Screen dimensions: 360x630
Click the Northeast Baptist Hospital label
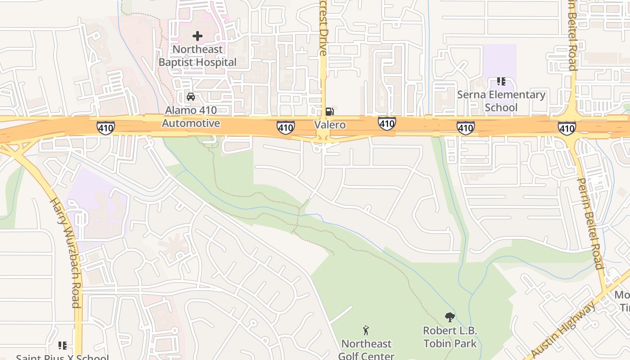[x=197, y=56]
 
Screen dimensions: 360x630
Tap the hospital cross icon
[x=197, y=36]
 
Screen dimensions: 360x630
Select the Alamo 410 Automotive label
[x=191, y=117]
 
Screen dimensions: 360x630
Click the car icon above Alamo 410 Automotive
[x=191, y=97]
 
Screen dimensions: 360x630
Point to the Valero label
[x=330, y=125]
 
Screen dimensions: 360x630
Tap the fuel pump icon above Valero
[x=330, y=111]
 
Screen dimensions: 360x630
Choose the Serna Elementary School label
[x=501, y=101]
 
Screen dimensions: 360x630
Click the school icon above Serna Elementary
[x=501, y=81]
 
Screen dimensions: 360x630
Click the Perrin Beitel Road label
[x=590, y=223]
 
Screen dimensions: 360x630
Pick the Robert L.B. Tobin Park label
[x=450, y=337]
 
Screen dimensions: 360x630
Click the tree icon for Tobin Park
[x=450, y=317]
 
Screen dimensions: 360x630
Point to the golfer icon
[x=366, y=331]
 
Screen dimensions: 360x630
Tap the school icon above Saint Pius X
[x=62, y=346]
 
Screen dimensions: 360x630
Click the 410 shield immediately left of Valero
[x=286, y=128]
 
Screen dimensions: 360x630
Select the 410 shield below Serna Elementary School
[x=465, y=128]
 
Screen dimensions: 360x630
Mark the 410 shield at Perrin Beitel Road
[x=567, y=129]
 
